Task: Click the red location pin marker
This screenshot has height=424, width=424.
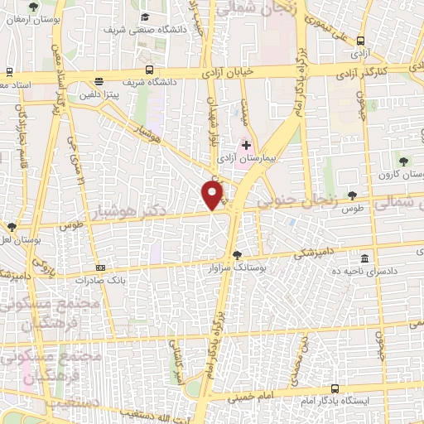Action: (213, 195)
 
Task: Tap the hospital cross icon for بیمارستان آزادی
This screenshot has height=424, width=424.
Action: (246, 145)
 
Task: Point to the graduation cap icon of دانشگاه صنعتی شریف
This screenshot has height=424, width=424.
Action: (146, 17)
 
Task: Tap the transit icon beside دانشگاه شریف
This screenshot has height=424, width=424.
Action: (149, 70)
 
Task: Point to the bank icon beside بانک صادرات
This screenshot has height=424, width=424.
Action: (100, 267)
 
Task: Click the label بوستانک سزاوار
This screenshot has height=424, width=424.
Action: (238, 268)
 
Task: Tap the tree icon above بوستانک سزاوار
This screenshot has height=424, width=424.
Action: (238, 255)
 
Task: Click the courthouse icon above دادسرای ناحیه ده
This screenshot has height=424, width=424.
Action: (366, 258)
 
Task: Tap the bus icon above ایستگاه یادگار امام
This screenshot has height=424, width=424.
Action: (335, 388)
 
